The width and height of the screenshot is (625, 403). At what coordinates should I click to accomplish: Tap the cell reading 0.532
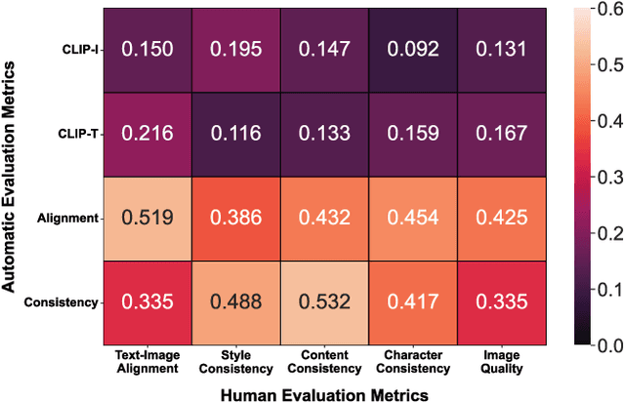click(x=323, y=302)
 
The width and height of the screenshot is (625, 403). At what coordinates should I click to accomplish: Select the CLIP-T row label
click(x=79, y=134)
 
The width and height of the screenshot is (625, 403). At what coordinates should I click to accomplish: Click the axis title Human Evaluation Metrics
click(x=323, y=392)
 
